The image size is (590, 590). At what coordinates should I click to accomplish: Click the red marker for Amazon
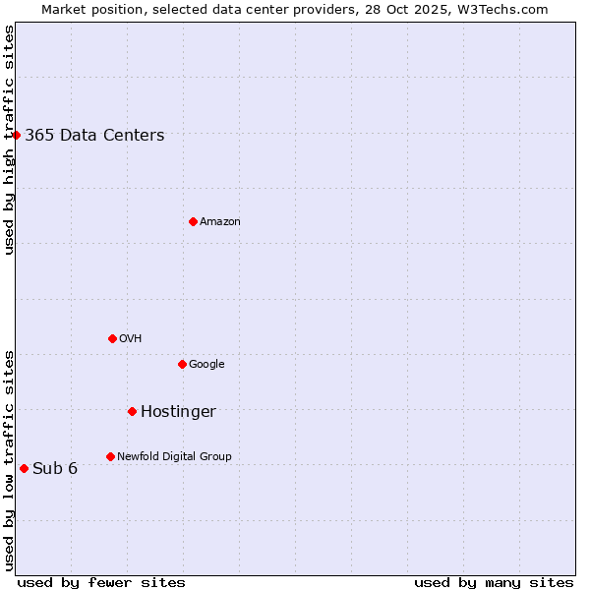point(193,221)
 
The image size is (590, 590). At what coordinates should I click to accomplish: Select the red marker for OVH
point(112,338)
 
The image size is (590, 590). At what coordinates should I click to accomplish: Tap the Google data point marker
point(182,364)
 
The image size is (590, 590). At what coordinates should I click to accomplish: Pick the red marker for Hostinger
point(132,411)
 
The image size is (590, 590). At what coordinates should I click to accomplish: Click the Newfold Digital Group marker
point(110,456)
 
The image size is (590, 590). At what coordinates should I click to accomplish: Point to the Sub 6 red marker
point(24,468)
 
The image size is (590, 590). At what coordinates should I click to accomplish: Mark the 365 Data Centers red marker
point(17,135)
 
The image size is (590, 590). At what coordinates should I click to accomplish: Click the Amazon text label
point(220,222)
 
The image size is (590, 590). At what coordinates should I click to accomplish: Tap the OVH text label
point(131,339)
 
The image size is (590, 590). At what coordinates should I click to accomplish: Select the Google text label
point(206,365)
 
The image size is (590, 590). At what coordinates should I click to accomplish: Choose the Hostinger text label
point(178,412)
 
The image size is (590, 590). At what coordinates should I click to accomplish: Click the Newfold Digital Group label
point(174,457)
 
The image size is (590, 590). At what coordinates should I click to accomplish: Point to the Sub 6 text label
point(55,468)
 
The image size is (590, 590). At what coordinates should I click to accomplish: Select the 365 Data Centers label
point(94,136)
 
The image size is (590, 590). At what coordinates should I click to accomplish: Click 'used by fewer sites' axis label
point(101,582)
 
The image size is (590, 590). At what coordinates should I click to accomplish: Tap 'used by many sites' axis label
point(494,582)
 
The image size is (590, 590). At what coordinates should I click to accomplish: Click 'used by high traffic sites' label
point(9,140)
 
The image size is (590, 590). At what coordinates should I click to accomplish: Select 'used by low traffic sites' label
point(9,459)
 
